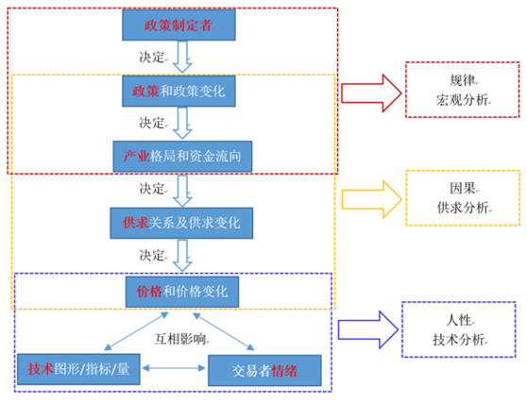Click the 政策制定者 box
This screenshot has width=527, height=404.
tap(178, 25)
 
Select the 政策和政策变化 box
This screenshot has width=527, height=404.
tap(178, 91)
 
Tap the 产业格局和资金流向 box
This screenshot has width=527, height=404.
tap(182, 157)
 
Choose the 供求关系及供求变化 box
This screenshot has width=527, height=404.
tap(181, 223)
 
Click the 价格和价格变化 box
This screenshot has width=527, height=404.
tap(182, 292)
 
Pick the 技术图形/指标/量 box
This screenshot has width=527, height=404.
tap(78, 369)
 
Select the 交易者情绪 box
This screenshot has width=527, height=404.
tap(264, 370)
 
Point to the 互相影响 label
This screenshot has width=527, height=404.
tap(180, 339)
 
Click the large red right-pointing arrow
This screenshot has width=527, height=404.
tap(371, 93)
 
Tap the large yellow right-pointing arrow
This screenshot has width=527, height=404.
tap(372, 199)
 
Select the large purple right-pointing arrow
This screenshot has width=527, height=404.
tap(368, 329)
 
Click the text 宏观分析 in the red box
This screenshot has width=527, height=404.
tap(463, 100)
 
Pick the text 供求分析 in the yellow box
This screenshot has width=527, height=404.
tap(463, 208)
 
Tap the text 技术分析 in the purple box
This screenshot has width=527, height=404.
tap(459, 340)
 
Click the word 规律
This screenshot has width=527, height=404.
tap(463, 80)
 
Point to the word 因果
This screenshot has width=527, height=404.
tap(463, 189)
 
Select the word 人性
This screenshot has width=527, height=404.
tap(459, 320)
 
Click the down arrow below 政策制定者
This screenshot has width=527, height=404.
tap(182, 57)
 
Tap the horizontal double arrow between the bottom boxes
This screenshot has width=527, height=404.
tap(174, 368)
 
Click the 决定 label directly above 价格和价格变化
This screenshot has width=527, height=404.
tap(152, 256)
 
